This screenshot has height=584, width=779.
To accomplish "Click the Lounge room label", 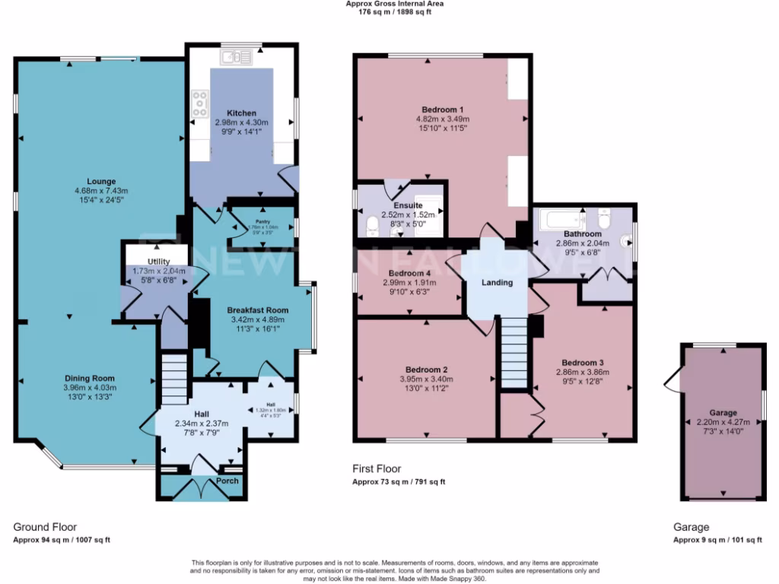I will tap(100, 181).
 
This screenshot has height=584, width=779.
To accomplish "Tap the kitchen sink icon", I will tap(236, 56).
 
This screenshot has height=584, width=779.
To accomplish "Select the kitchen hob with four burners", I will tap(201, 103).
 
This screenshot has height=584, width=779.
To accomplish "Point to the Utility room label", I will tap(158, 261).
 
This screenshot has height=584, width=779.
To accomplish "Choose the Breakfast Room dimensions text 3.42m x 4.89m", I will tap(259, 320).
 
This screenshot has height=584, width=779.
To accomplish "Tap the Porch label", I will tap(227, 481).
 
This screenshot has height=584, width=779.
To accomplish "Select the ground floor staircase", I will tap(174, 379).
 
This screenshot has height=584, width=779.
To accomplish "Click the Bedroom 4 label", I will tap(409, 273).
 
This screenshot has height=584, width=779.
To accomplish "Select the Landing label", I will tap(498, 282).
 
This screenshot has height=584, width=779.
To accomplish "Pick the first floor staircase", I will tap(514, 353).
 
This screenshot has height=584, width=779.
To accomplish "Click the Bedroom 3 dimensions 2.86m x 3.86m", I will tap(583, 373).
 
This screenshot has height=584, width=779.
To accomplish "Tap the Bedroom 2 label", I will tap(424, 370).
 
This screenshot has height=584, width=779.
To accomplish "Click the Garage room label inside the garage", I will tap(723, 412).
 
